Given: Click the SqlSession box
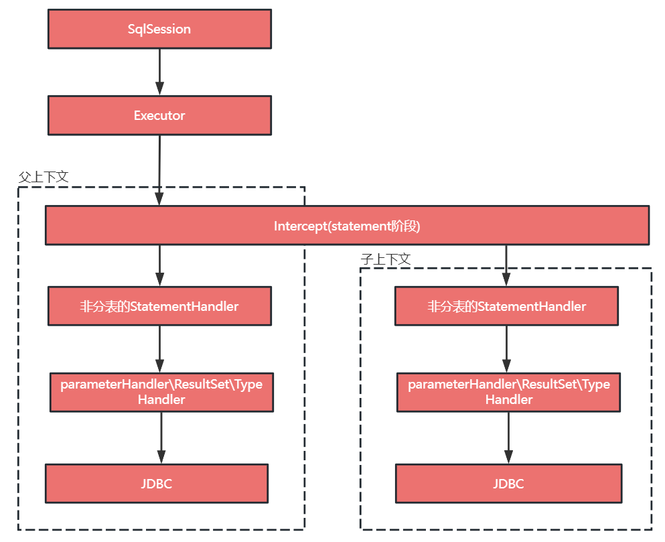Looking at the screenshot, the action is pyautogui.click(x=159, y=29).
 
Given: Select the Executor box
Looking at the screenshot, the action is pyautogui.click(x=159, y=115).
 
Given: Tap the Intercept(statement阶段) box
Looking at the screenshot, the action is pyautogui.click(x=347, y=225).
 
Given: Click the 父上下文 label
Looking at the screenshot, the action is pyautogui.click(x=44, y=177).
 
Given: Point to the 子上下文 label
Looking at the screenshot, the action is pyautogui.click(x=386, y=259).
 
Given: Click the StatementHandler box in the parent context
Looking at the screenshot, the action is pyautogui.click(x=159, y=306).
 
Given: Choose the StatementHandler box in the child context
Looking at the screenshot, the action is pyautogui.click(x=506, y=306).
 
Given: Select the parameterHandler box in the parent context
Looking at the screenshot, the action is pyautogui.click(x=161, y=392).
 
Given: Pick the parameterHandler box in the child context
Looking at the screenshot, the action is pyautogui.click(x=508, y=392).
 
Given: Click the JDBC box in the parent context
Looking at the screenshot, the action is pyautogui.click(x=157, y=484).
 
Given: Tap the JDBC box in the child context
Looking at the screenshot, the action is pyautogui.click(x=508, y=484).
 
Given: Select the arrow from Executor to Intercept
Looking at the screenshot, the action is pyautogui.click(x=159, y=171).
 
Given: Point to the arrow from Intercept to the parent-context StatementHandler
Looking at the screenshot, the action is pyautogui.click(x=159, y=266).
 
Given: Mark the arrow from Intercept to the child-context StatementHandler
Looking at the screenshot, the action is pyautogui.click(x=506, y=266).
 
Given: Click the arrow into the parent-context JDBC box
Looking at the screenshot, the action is pyautogui.click(x=161, y=438).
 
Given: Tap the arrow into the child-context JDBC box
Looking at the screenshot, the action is pyautogui.click(x=508, y=438).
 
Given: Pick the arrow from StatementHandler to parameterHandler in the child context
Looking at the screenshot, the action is pyautogui.click(x=506, y=349).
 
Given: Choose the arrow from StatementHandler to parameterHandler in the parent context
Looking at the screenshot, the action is pyautogui.click(x=159, y=349).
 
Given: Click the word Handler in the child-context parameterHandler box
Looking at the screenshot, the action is pyautogui.click(x=509, y=399).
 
